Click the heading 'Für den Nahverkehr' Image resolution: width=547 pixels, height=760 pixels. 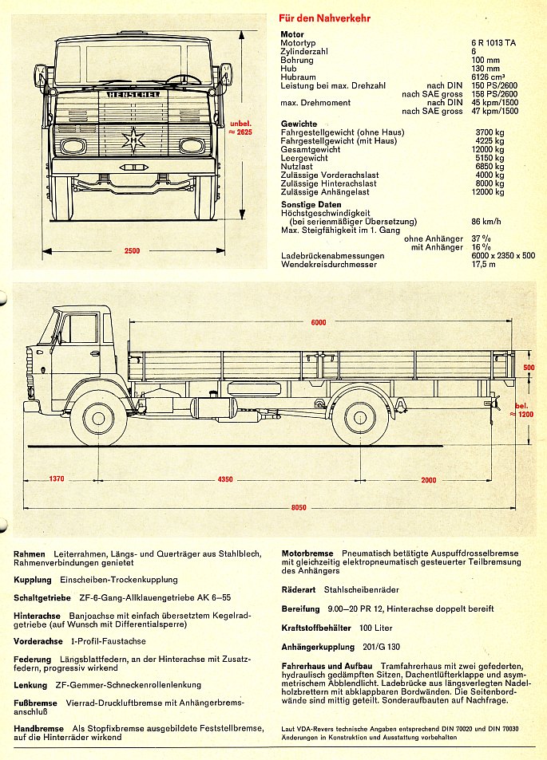pos(324,18)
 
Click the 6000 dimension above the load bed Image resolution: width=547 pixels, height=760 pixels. pos(319,321)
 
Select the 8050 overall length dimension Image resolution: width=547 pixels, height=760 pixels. pos(297,507)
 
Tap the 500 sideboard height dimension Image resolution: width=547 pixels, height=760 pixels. pos(529,368)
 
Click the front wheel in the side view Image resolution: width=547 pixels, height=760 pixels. pos(98,416)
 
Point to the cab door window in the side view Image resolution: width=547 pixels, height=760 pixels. pos(80,329)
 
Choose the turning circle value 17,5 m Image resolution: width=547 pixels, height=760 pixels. pos(483,264)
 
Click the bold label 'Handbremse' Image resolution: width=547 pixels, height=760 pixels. pos(38,729)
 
